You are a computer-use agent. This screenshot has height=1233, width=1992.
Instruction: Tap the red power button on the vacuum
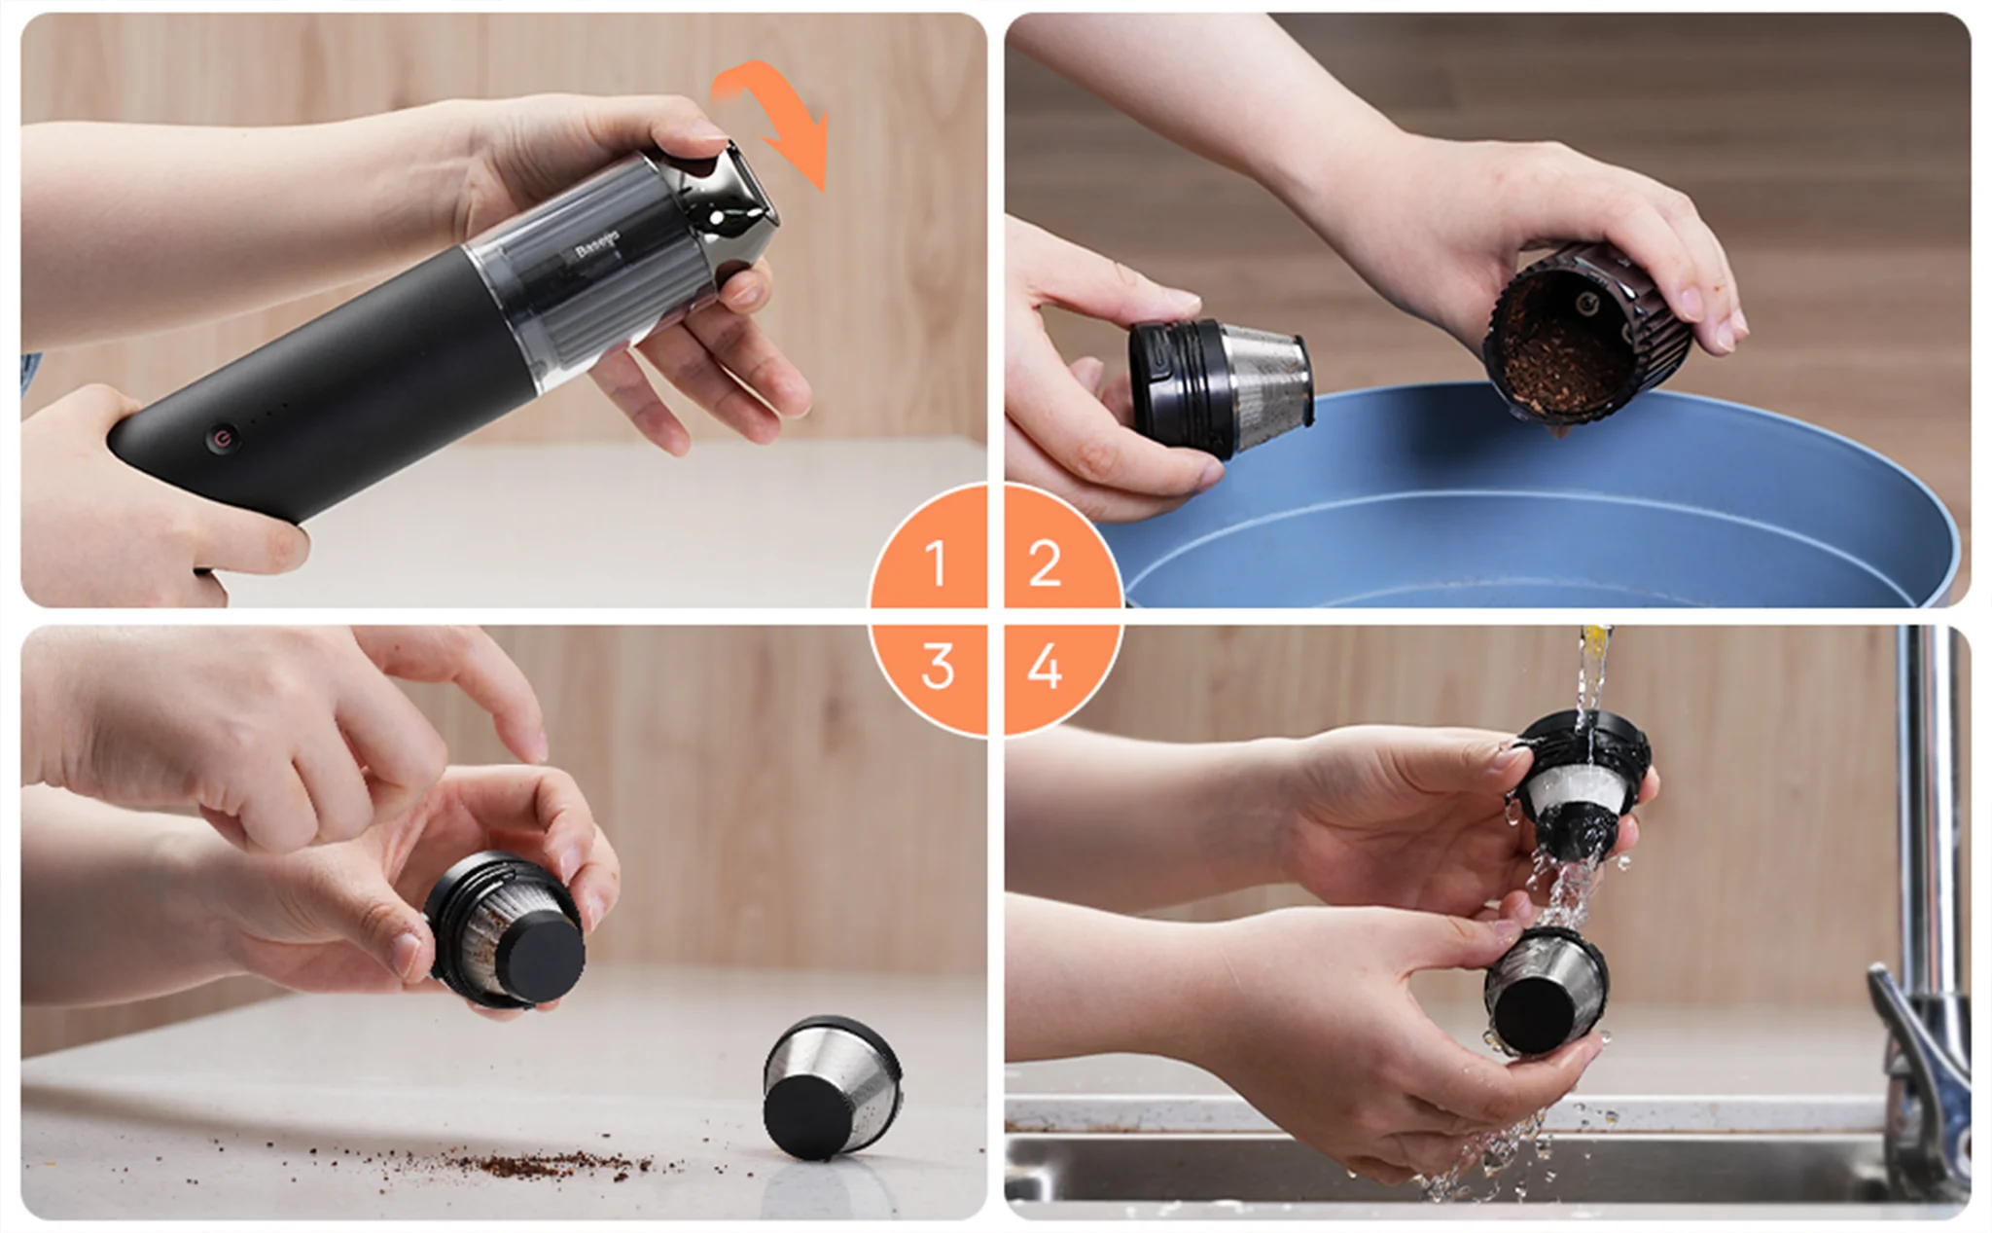pyautogui.click(x=223, y=439)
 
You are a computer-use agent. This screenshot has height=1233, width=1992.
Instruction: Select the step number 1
pyautogui.click(x=936, y=563)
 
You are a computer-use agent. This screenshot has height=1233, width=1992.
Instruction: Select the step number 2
pyautogui.click(x=1045, y=563)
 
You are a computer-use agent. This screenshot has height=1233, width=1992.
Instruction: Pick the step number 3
pyautogui.click(x=938, y=667)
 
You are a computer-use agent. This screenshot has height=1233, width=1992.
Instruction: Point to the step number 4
pyautogui.click(x=1045, y=667)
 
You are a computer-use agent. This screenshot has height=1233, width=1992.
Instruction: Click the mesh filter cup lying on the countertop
pyautogui.click(x=832, y=1088)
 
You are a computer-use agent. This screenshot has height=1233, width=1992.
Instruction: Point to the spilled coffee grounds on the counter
pyautogui.click(x=545, y=1161)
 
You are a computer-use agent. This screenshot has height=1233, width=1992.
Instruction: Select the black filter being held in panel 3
pyautogui.click(x=506, y=929)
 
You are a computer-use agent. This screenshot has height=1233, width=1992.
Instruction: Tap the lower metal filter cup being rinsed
pyautogui.click(x=1545, y=992)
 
